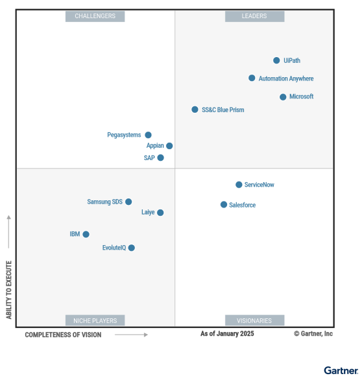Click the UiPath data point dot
point(276,60)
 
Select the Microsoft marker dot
point(283,97)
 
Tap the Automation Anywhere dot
point(252,78)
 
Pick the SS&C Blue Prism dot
point(195,110)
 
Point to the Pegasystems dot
point(148,135)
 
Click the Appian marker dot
point(169,146)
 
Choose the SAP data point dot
point(160,158)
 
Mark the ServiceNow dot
point(239,185)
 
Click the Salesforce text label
point(243,205)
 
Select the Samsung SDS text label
point(104,202)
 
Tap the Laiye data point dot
point(160,212)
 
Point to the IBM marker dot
point(86,234)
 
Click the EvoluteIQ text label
point(114,248)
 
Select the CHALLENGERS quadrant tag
point(95,16)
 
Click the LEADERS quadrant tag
point(254,16)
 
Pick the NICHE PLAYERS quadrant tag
point(95,320)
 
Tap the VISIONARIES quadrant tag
point(254,320)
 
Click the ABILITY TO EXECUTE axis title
point(9,289)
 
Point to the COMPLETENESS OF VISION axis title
point(64,335)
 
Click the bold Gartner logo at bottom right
point(341,370)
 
